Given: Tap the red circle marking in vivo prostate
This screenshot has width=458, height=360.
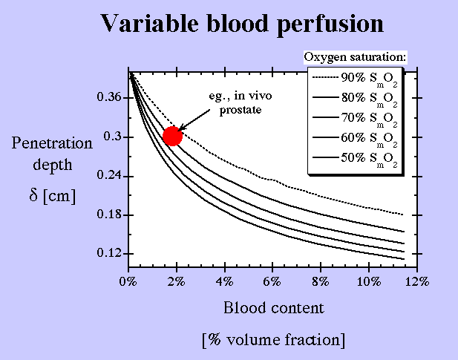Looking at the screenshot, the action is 173,136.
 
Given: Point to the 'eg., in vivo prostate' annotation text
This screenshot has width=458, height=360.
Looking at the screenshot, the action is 241,102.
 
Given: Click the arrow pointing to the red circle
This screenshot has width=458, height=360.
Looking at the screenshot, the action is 194,120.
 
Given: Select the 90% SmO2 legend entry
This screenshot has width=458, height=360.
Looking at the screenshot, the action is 355,79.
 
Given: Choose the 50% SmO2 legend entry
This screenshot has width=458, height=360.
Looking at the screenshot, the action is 355,159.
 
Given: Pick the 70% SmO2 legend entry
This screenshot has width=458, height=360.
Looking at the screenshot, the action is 355,119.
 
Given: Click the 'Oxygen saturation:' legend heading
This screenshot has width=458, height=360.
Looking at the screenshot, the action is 355,57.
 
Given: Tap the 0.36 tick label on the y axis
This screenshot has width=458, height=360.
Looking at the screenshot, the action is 108,96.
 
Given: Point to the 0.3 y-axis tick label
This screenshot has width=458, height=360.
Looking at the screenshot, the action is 112,137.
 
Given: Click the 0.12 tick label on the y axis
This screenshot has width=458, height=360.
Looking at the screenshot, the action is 108,253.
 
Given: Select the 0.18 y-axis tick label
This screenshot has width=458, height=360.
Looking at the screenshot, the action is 108,215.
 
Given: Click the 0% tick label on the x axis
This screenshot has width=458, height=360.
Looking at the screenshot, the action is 128,281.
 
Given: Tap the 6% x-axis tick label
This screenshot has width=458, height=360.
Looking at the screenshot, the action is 272,281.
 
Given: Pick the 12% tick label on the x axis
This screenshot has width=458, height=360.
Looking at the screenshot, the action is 417,281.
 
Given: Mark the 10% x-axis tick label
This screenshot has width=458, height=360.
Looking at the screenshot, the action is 369,281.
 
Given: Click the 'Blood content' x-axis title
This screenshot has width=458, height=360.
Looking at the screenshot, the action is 274,308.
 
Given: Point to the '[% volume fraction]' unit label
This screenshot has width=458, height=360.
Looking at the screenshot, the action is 274,340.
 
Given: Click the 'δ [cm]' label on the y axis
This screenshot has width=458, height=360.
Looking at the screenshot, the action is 53,195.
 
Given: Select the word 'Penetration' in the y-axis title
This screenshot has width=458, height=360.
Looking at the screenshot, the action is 52,144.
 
